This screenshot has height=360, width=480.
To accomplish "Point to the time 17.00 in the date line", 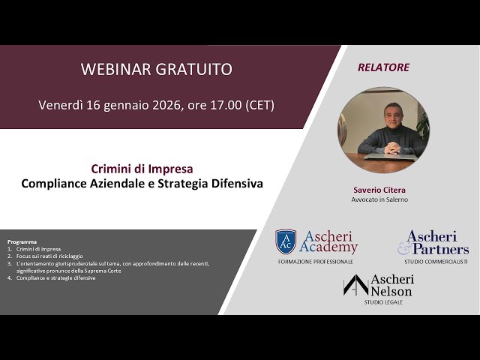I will click(223, 105).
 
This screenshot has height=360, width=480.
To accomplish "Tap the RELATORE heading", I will click(383, 67).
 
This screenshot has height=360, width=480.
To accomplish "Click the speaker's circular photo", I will click(383, 130).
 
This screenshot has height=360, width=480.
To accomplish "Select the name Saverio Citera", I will click(383, 190).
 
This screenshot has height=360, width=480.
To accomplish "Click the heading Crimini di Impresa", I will click(142, 169).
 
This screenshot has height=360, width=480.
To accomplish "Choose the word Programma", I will click(22, 241).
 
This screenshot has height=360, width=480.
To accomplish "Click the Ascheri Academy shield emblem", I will click(286, 241).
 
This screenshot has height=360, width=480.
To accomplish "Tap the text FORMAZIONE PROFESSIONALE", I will click(315, 262).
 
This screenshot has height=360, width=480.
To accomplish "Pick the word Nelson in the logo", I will click(391, 290).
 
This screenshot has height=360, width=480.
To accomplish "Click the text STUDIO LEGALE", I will click(382, 302).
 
